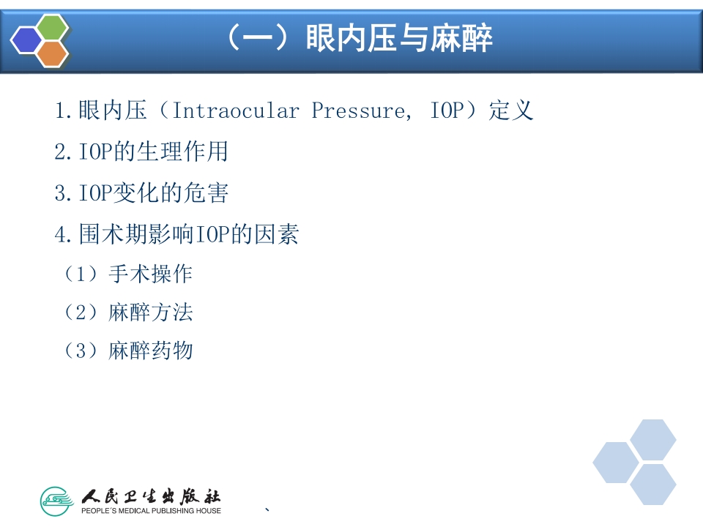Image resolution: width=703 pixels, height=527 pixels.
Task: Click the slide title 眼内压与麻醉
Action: (399, 38)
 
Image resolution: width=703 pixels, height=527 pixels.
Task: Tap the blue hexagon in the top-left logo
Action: (26, 40)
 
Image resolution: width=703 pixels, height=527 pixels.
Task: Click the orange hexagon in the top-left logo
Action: (53, 53)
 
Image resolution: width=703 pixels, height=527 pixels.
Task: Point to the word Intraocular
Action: (235, 111)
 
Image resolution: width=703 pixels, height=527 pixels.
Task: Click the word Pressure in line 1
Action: (358, 111)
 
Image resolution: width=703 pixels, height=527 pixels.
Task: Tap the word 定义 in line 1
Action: (511, 111)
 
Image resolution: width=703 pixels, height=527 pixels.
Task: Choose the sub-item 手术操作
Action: (150, 274)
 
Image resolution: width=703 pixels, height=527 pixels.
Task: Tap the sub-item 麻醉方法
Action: (150, 313)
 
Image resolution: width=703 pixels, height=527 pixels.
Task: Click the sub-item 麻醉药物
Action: (150, 351)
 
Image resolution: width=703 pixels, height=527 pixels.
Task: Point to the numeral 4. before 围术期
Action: (63, 235)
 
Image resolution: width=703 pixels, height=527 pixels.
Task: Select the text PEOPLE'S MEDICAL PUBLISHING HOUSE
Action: (151, 511)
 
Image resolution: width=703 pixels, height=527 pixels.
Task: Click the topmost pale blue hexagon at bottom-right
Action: (652, 440)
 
